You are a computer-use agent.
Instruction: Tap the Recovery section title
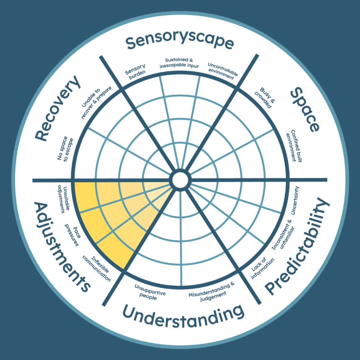pyautogui.click(x=58, y=108)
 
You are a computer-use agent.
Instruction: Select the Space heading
pyautogui.click(x=305, y=109)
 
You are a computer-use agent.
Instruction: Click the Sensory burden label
pyautogui.click(x=135, y=71)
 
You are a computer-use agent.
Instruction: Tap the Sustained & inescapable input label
pyautogui.click(x=179, y=63)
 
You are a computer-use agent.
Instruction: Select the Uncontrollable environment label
pyautogui.click(x=222, y=71)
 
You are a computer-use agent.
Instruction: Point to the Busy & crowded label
pyautogui.click(x=264, y=97)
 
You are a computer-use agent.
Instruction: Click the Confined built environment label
pyautogui.click(x=294, y=146)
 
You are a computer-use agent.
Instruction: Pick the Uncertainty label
pyautogui.click(x=295, y=201)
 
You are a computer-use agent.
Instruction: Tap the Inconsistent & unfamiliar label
pyautogui.click(x=282, y=235)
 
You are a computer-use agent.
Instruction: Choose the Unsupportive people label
pyautogui.click(x=149, y=292)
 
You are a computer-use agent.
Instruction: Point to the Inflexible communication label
pyautogui.click(x=97, y=268)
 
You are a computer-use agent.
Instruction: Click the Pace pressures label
pyautogui.click(x=72, y=235)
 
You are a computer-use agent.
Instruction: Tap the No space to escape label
pyautogui.click(x=65, y=148)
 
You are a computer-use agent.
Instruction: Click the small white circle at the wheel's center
pyautogui.click(x=180, y=180)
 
